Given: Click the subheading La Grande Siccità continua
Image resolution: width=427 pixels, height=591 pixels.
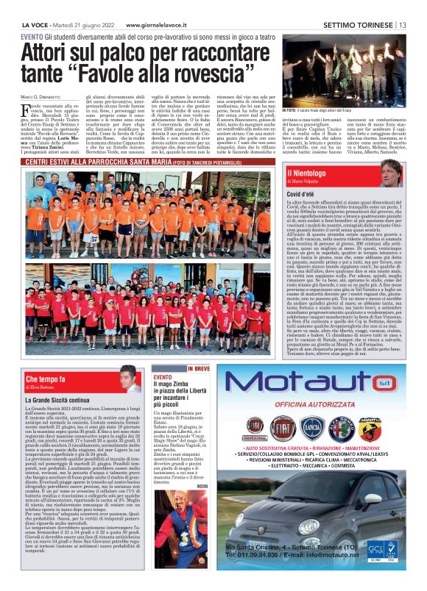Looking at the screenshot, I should point(60,400).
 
